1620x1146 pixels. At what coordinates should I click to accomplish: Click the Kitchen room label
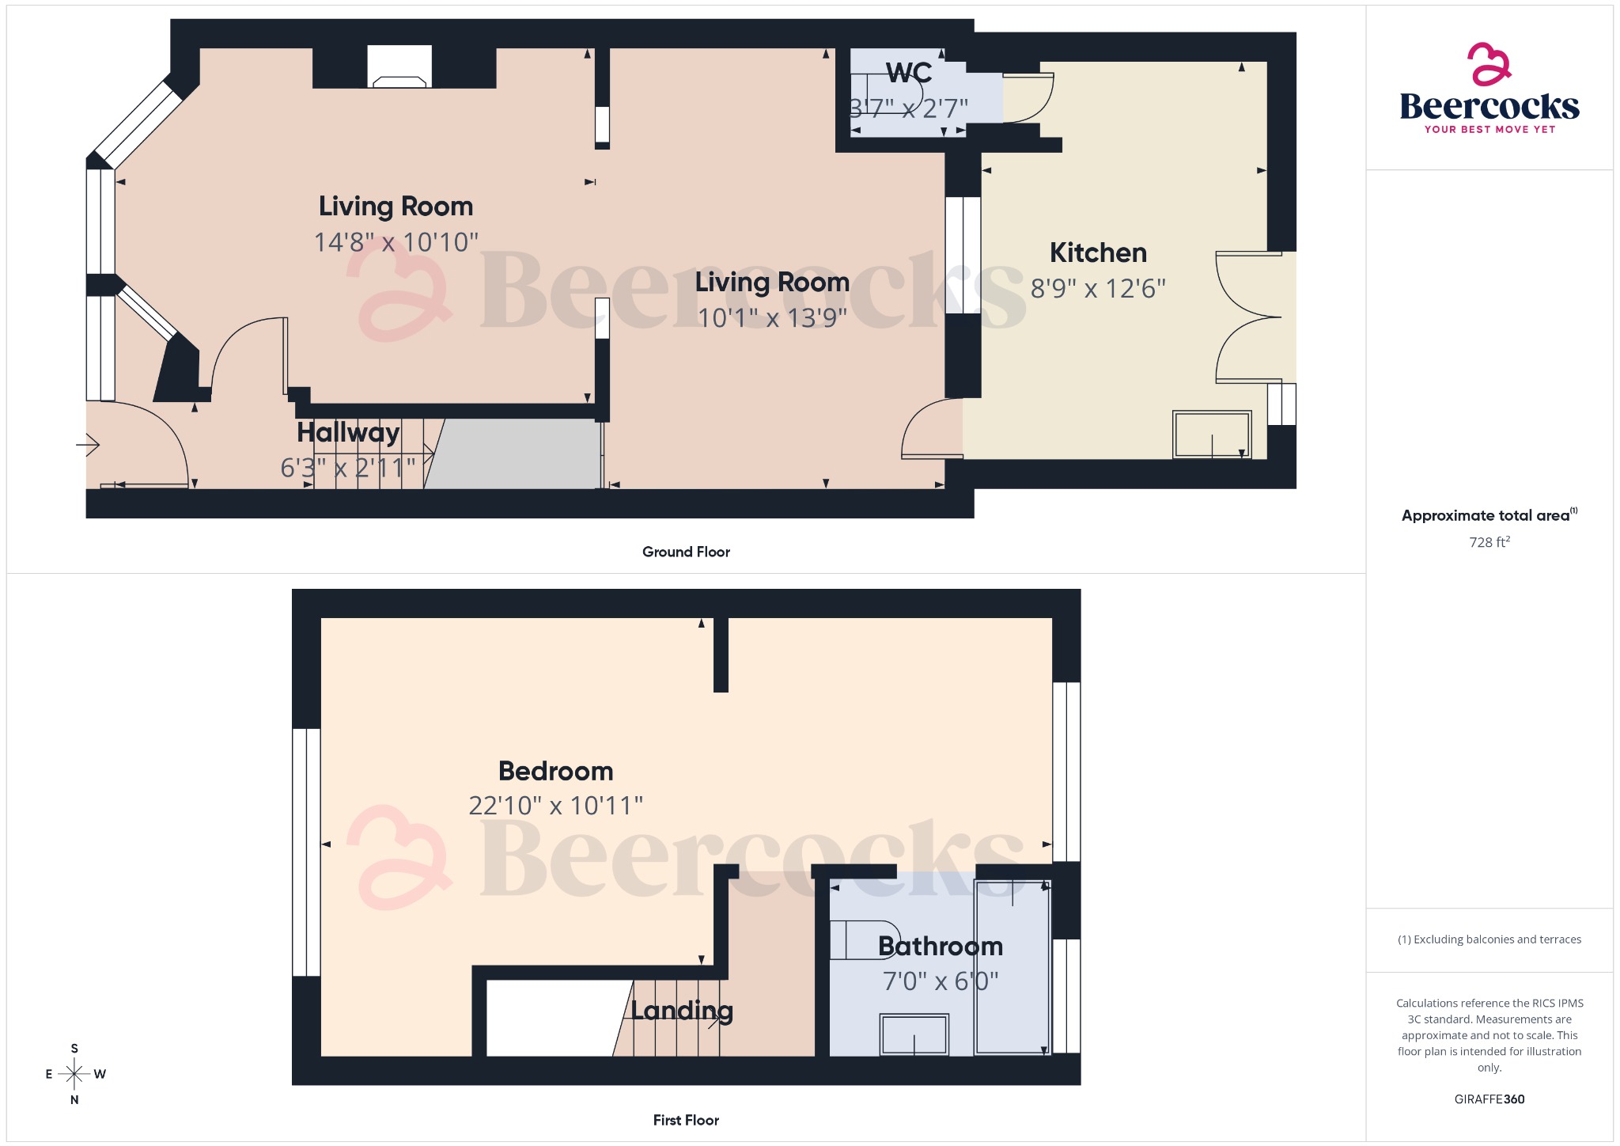(1098, 253)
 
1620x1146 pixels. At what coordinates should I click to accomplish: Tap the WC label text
(909, 73)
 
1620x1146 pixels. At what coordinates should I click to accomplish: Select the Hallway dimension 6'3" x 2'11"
(348, 468)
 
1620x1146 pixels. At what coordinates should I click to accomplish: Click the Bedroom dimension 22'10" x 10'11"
(555, 806)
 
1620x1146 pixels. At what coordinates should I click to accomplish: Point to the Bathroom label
(940, 946)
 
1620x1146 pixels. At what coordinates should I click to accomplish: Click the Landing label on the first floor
(681, 1011)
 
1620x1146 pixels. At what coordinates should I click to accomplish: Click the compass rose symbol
(74, 1074)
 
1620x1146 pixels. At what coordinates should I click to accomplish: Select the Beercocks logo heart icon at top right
(1489, 64)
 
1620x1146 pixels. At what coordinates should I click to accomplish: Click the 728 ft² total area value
(1489, 542)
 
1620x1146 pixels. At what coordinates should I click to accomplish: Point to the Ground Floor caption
(686, 552)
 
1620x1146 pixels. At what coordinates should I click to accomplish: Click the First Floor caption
(686, 1120)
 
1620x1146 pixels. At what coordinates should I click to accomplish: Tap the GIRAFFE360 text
(1489, 1099)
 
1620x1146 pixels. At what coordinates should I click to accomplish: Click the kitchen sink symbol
(1211, 434)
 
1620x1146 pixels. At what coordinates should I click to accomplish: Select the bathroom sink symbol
(914, 1034)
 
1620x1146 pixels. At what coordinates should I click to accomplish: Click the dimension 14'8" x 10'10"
(396, 241)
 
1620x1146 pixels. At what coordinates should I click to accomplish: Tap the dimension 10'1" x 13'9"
(772, 317)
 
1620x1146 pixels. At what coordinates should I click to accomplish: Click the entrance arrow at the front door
(89, 446)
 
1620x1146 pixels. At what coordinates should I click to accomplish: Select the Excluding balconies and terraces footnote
(1489, 939)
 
